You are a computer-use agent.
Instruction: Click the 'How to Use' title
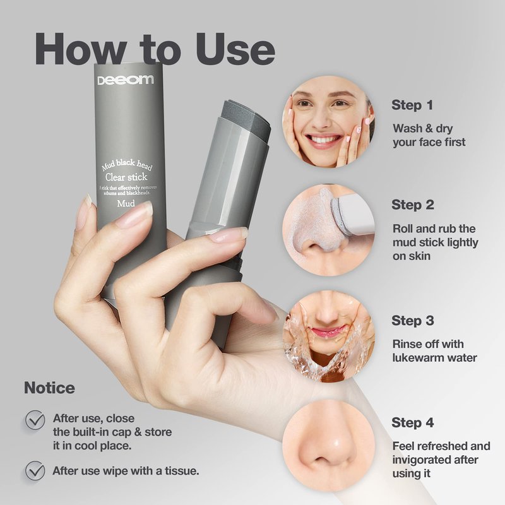pos(155,49)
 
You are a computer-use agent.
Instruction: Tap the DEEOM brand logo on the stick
pos(126,80)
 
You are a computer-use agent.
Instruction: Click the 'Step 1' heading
pos(412,105)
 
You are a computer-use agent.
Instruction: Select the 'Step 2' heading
pos(413,205)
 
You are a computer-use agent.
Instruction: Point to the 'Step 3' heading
pos(413,321)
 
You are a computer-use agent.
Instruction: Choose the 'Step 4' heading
pos(413,422)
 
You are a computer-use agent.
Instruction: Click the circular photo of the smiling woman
pos(328,122)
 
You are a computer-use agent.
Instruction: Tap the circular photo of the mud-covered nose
pos(328,230)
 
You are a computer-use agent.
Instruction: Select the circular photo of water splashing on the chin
pos(328,336)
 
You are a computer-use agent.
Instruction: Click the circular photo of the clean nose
pos(328,446)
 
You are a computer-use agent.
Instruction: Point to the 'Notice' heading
pos(49,388)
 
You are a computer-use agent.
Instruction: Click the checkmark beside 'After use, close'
pos(35,420)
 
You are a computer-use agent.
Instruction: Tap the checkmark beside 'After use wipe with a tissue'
pos(35,470)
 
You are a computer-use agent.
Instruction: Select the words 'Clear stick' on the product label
pos(126,177)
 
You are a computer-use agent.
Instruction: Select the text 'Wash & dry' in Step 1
pos(422,129)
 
